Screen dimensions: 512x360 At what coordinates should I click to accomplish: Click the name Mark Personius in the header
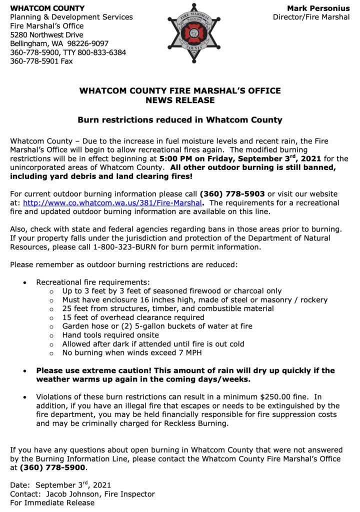(x=318, y=8)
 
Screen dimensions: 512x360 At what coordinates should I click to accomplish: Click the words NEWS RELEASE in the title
(x=179, y=100)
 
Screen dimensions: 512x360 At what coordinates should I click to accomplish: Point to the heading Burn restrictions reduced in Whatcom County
(x=179, y=120)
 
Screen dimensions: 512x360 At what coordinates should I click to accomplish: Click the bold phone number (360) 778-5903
(x=232, y=194)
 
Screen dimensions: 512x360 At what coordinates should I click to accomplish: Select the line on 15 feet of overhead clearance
(x=133, y=317)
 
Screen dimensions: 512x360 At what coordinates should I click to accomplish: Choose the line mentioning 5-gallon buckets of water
(x=157, y=326)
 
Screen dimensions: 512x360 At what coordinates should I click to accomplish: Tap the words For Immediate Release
(x=52, y=502)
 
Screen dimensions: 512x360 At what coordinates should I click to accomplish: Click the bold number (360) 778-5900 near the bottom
(x=52, y=468)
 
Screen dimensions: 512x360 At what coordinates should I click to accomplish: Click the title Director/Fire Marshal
(x=311, y=17)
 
